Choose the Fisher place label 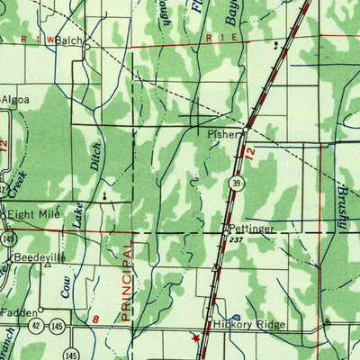(x=220, y=133)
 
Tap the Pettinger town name (x=249, y=229)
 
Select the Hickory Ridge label (x=249, y=324)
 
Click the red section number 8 (x=95, y=318)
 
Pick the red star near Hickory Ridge (x=194, y=338)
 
